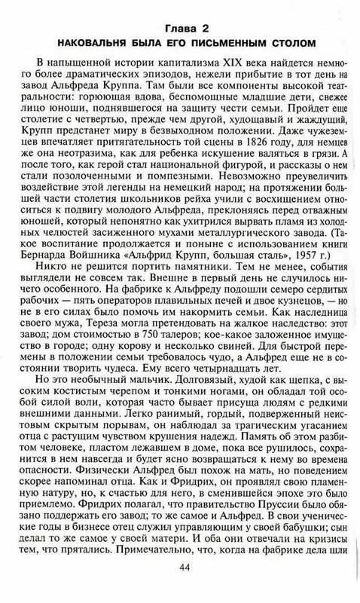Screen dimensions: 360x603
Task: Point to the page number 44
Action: point(181,588)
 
